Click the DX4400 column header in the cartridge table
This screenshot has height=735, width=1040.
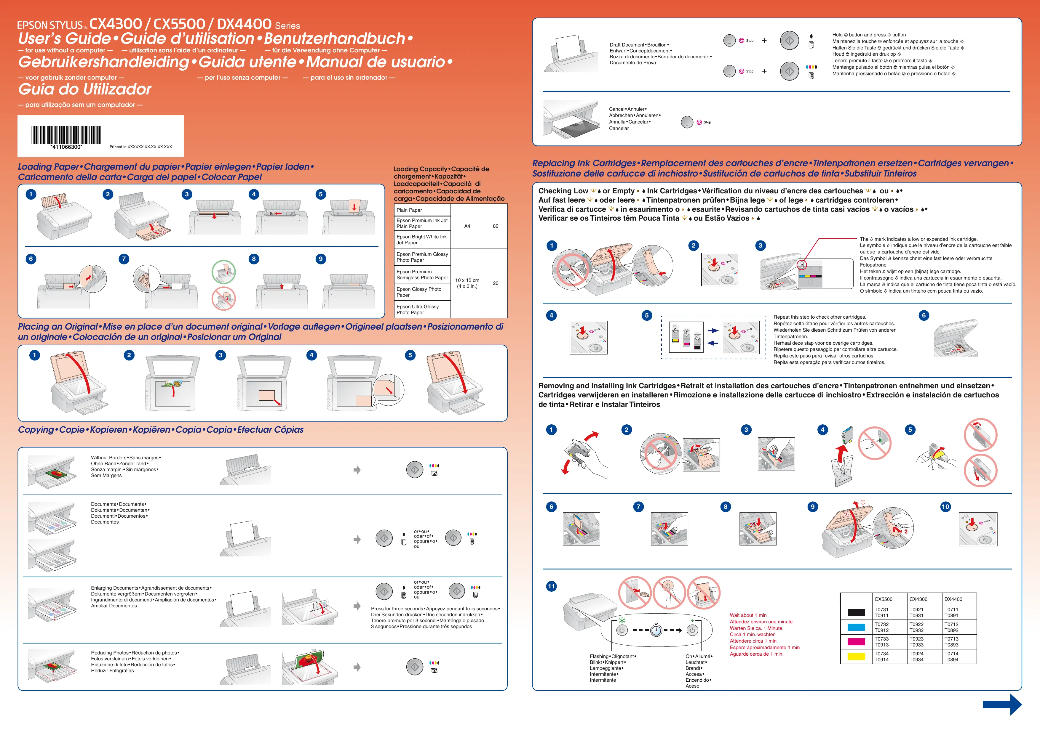(x=953, y=599)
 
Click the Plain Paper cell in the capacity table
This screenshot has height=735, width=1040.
(x=422, y=210)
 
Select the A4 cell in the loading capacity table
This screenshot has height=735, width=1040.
(x=467, y=226)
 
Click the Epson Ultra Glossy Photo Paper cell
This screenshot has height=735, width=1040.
(x=422, y=309)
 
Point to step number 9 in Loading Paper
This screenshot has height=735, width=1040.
(x=320, y=259)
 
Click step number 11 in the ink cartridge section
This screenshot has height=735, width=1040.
(x=551, y=587)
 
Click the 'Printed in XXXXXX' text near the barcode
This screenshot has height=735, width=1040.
(x=140, y=147)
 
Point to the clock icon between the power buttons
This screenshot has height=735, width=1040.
(x=656, y=630)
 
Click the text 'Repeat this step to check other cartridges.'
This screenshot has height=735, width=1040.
(x=819, y=317)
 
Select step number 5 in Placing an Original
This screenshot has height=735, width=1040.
(x=410, y=355)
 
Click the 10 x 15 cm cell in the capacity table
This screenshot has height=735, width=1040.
(x=467, y=283)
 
